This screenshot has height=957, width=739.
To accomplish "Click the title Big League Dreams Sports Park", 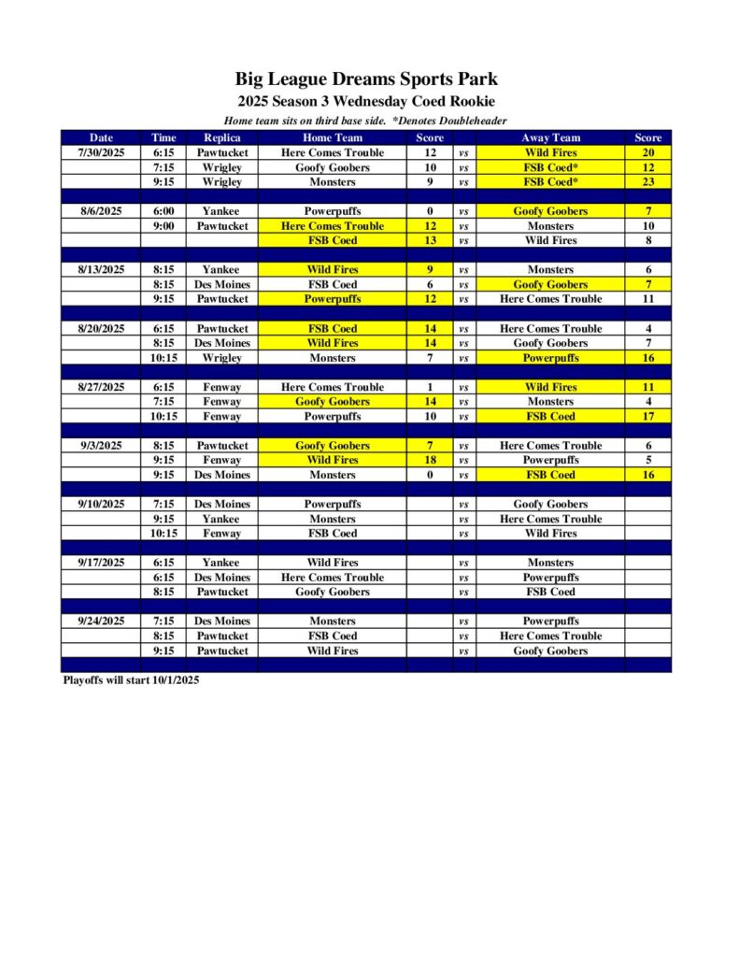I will click(x=366, y=79).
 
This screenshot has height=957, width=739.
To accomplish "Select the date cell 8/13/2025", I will click(x=101, y=270).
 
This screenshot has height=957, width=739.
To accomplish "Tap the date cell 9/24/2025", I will click(x=101, y=621).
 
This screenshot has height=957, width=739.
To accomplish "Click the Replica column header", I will click(x=221, y=137).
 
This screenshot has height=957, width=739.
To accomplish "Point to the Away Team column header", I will click(x=550, y=137).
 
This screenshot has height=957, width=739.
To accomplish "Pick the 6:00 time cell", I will click(x=163, y=211).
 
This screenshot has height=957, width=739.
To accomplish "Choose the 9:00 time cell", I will click(x=163, y=226).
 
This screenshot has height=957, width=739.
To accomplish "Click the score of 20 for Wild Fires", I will click(x=647, y=152).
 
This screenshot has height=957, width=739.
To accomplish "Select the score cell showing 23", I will click(x=647, y=182).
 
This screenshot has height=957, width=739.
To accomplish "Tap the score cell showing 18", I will click(x=430, y=460).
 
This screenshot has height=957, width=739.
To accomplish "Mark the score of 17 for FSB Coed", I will click(x=647, y=417).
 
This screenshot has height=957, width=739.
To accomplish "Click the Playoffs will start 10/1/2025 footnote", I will click(x=131, y=680).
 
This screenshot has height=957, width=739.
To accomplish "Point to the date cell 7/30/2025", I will click(x=101, y=152).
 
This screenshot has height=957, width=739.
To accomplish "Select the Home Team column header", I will click(x=333, y=137).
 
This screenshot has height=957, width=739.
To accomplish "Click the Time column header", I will click(x=163, y=137).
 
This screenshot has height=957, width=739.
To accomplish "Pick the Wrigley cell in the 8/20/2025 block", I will click(x=221, y=358).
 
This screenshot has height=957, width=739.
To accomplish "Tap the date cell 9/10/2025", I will click(x=101, y=505).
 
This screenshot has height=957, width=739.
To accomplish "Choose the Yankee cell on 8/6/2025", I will click(x=221, y=211).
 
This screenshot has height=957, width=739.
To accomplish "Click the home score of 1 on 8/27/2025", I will click(x=430, y=387).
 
